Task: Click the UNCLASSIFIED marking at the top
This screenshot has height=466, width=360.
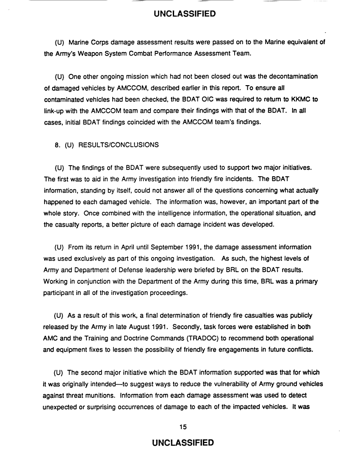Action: (x=184, y=14)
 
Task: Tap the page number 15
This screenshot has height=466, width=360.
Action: (x=183, y=427)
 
